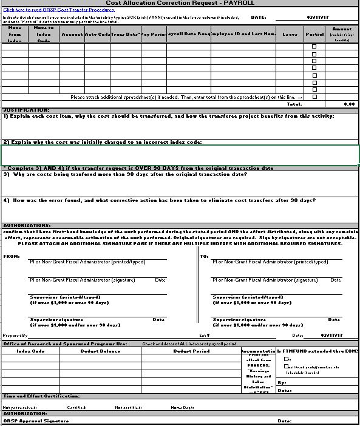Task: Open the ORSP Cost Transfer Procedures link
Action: point(50,10)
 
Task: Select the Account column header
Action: point(72,35)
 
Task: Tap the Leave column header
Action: point(290,35)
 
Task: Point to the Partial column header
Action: point(314,35)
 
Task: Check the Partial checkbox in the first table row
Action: point(314,47)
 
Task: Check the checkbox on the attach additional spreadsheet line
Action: point(314,97)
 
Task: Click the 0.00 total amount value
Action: point(348,104)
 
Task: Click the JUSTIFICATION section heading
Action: point(26,110)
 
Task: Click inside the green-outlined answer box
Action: point(180,155)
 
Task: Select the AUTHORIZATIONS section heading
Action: point(27,225)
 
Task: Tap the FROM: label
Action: point(12,256)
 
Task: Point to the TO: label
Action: point(204,256)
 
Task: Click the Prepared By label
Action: point(15,335)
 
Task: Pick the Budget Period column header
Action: point(191,351)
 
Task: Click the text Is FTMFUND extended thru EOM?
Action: point(318,351)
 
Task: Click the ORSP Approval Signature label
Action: point(36,421)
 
